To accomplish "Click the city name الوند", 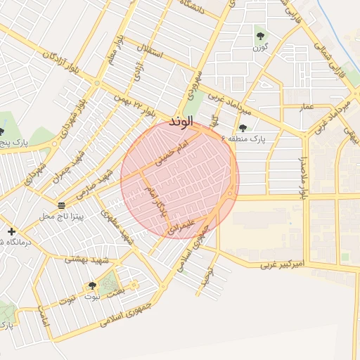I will [x=181, y=122].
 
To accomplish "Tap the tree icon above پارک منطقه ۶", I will [x=243, y=128].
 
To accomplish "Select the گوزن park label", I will [x=260, y=50].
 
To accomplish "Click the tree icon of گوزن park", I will [x=261, y=34].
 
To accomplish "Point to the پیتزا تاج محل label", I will [x=61, y=216].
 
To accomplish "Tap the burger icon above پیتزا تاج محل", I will [x=62, y=205].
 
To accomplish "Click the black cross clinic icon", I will [x=11, y=231].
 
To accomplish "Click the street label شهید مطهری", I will [x=118, y=226].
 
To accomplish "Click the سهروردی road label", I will [x=195, y=84].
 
